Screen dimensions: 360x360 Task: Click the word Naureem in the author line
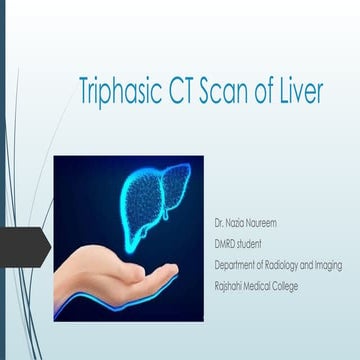click(x=260, y=219)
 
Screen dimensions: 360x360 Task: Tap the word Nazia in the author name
click(x=234, y=219)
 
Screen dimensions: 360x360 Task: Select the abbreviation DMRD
click(x=225, y=236)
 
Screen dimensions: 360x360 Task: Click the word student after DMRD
click(x=251, y=236)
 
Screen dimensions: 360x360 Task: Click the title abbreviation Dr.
click(x=218, y=219)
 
